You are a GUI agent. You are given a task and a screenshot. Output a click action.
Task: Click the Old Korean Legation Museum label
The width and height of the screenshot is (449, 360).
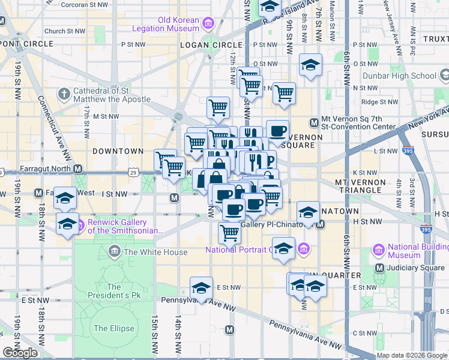point(178,24)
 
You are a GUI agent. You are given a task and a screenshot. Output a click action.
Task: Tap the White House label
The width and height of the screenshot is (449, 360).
point(155,252)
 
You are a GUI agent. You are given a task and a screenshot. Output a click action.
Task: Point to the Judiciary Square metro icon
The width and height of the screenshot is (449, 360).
point(379,268)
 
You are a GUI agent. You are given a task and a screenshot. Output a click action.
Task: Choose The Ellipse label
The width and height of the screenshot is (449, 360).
point(109,328)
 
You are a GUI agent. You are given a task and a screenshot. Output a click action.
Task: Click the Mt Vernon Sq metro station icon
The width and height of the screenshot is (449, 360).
point(313,123)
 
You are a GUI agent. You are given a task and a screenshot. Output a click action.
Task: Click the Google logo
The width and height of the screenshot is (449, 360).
point(20,352)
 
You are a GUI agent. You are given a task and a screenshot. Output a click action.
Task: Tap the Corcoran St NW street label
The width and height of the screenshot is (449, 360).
point(84,4)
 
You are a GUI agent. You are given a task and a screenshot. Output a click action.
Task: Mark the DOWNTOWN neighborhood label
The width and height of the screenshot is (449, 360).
point(118,151)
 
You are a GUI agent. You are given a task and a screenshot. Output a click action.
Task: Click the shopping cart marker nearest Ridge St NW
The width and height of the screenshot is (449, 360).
point(284,93)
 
